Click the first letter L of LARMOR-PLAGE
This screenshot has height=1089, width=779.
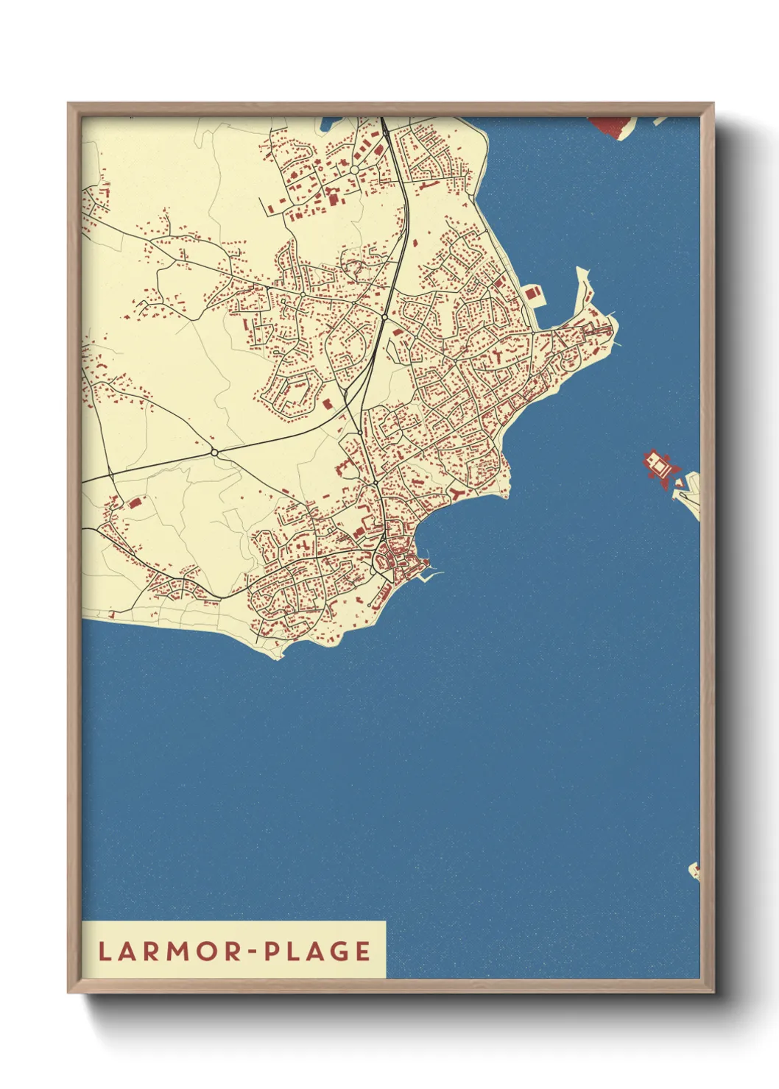tap(105, 951)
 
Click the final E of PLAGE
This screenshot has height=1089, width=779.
tap(363, 951)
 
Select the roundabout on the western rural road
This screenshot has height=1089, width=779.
tap(214, 453)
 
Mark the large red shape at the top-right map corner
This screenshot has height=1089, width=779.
tap(613, 126)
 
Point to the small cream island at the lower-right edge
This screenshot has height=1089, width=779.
tap(694, 871)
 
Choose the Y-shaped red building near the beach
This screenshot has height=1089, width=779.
tap(457, 492)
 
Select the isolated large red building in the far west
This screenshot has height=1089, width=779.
tap(135, 503)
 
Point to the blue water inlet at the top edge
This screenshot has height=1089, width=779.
tap(331, 124)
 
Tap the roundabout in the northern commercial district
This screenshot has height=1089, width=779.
tap(354, 170)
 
